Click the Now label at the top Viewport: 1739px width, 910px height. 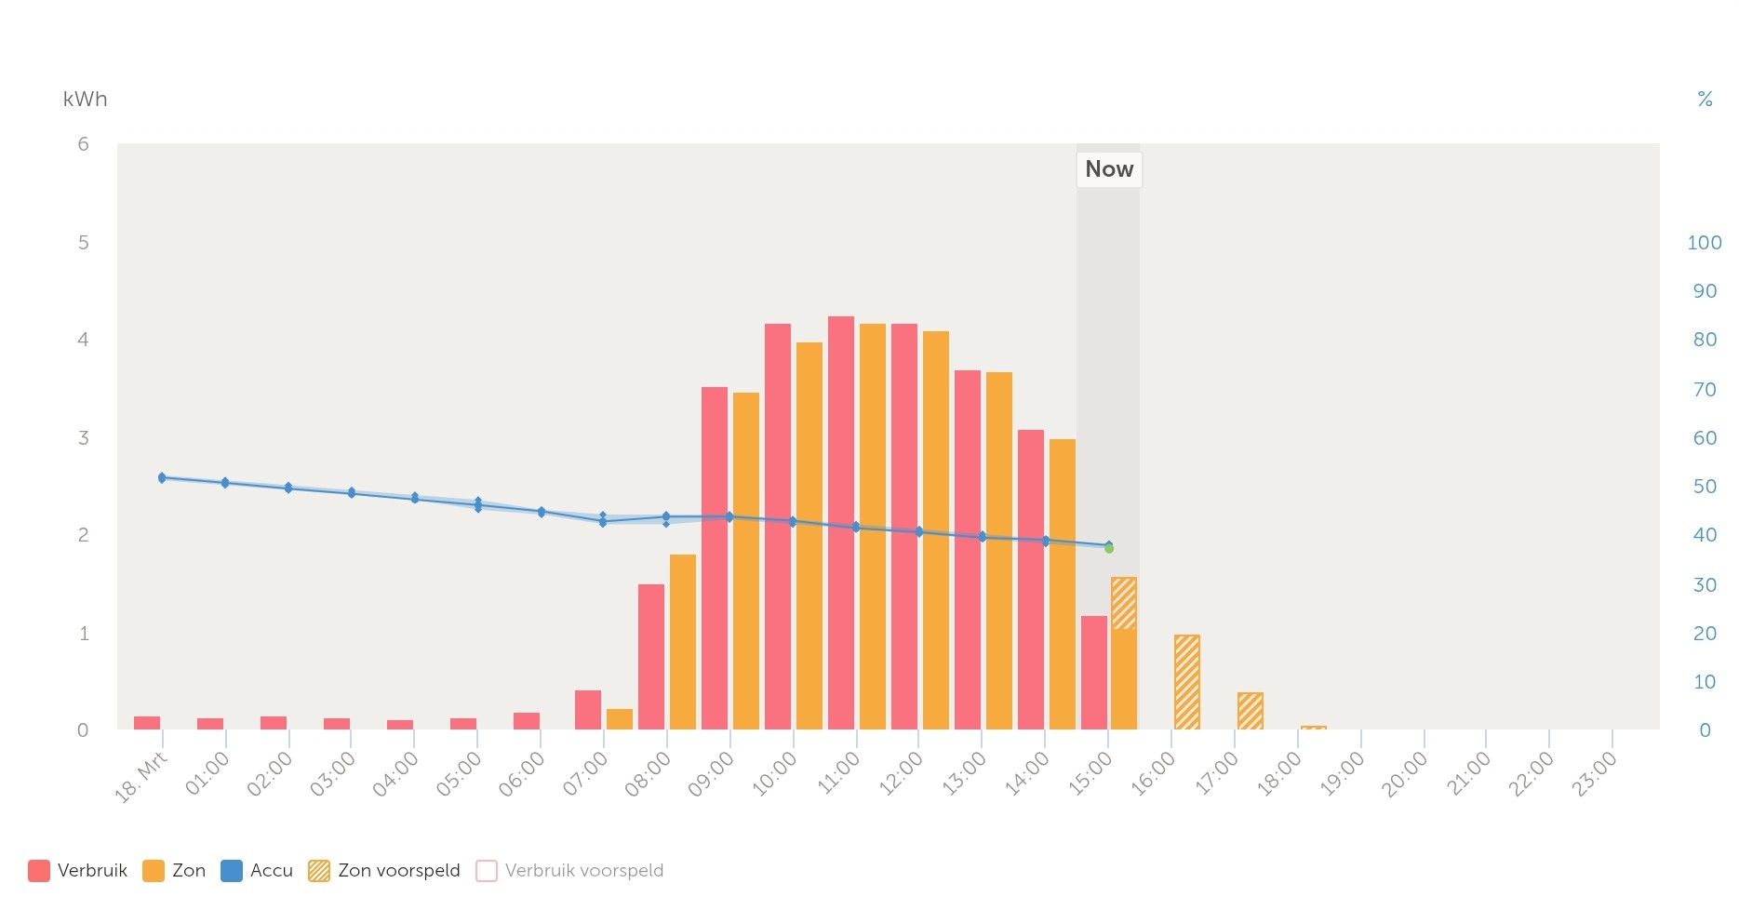click(x=1108, y=169)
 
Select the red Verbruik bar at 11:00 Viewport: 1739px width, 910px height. click(x=841, y=521)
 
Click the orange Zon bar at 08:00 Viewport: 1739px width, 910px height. click(x=683, y=642)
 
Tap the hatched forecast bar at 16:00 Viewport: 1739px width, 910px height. click(x=1186, y=682)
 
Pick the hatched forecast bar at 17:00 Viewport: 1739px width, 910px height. click(x=1250, y=711)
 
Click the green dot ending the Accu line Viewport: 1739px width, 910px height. click(x=1109, y=549)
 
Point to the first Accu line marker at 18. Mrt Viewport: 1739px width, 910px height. click(x=162, y=477)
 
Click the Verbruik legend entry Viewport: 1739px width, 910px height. click(x=78, y=871)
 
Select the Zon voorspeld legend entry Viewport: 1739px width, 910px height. click(x=385, y=871)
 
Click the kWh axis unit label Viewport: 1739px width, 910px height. click(x=85, y=100)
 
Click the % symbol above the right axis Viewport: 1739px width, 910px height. click(x=1705, y=100)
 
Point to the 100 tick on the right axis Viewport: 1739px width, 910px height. click(x=1704, y=243)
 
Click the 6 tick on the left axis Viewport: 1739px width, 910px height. click(x=84, y=144)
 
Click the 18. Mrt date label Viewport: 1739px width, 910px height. click(x=141, y=777)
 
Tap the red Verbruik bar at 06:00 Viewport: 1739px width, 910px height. click(x=527, y=721)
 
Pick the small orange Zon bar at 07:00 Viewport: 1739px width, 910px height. click(x=620, y=719)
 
